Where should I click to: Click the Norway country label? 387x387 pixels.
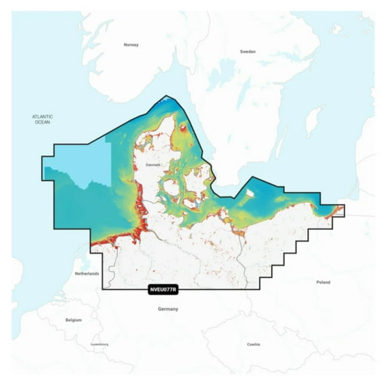130,45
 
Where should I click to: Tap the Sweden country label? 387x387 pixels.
248,51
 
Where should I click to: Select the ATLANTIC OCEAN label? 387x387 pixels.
42,119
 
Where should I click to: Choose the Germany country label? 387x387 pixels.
167,308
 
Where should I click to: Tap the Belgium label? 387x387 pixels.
73,320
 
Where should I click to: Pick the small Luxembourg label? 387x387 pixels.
99,344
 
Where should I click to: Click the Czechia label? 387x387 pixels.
253,344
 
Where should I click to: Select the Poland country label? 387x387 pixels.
323,282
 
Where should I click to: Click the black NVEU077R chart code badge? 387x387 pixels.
161,290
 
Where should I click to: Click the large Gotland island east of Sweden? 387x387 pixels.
311,123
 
